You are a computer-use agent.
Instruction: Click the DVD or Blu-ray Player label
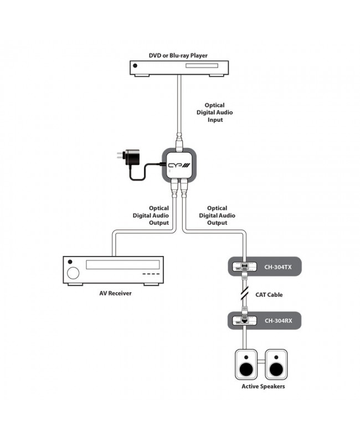click(x=178, y=55)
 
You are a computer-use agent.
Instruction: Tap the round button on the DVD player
click(x=135, y=65)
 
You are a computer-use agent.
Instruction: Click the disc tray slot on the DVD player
click(x=202, y=65)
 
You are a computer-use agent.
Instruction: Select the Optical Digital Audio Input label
click(x=215, y=112)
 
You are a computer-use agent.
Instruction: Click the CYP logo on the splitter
click(x=179, y=165)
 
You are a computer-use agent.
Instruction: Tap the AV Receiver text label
click(x=115, y=293)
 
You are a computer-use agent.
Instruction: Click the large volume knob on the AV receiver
click(x=73, y=273)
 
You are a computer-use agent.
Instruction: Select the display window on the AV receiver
click(x=123, y=265)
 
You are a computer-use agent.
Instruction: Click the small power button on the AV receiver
click(x=70, y=262)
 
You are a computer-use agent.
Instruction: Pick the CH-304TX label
click(x=278, y=267)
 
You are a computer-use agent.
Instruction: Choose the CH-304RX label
click(x=278, y=320)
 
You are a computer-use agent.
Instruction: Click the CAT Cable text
click(x=269, y=295)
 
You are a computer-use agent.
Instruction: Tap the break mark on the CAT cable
click(x=245, y=294)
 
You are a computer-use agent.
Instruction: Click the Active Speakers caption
click(x=263, y=386)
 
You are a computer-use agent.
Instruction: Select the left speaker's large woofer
click(x=246, y=370)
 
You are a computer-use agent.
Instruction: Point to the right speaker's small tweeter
click(x=276, y=357)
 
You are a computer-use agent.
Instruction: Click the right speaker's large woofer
click(x=276, y=370)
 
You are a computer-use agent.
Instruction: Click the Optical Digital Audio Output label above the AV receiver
click(x=151, y=216)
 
